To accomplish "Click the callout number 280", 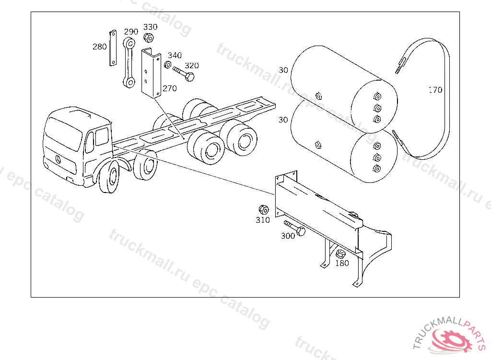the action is [100, 47].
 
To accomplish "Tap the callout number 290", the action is [131, 32].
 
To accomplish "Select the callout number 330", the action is [150, 27].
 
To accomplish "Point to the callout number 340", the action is [175, 56].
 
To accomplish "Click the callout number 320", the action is [192, 66].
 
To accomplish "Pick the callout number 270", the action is [169, 88].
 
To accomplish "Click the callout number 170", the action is [435, 90].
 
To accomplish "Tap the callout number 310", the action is [263, 220].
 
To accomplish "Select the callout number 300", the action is [288, 236].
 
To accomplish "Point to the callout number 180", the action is [342, 263].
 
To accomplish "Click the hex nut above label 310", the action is [264, 209].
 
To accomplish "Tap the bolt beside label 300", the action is [295, 228].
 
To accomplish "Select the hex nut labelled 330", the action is [149, 37].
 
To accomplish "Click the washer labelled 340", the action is [168, 65].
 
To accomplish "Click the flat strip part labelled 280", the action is [113, 48].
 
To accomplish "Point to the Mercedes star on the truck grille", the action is [58, 159].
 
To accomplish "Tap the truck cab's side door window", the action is [102, 137].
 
